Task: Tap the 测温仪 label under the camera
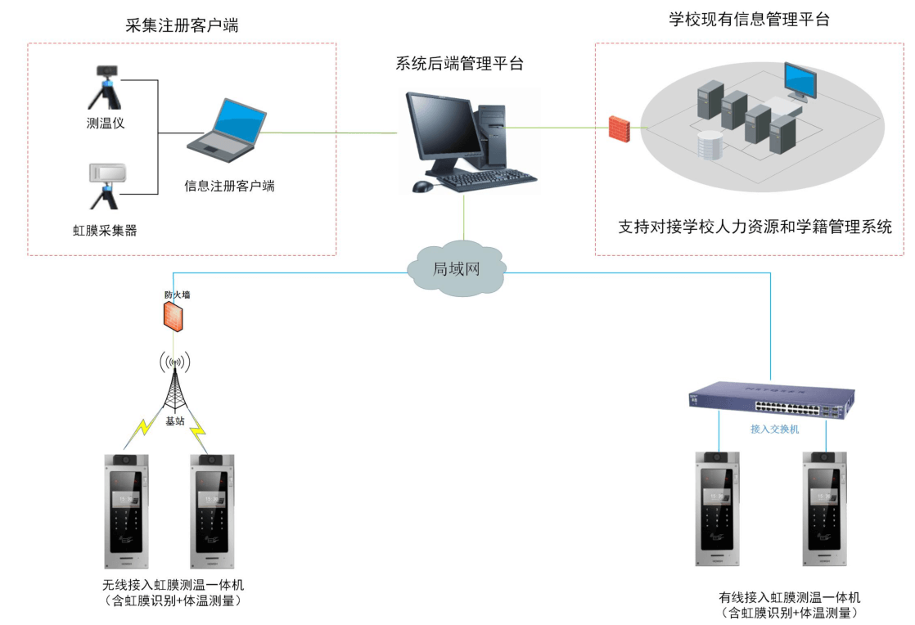tap(105, 124)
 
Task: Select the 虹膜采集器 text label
tap(105, 231)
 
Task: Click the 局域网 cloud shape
tap(457, 268)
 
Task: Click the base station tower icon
tap(176, 384)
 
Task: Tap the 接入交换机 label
tap(774, 429)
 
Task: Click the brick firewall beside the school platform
tap(619, 129)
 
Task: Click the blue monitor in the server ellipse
tap(800, 80)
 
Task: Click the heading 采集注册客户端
tap(182, 25)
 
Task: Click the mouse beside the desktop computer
tap(422, 187)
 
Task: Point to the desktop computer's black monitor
tap(445, 127)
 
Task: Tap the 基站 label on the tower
tap(175, 422)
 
